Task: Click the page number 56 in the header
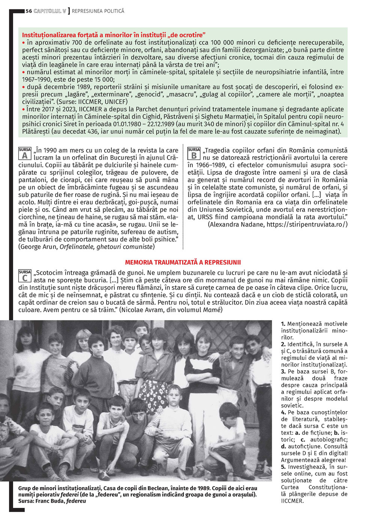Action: coord(29,11)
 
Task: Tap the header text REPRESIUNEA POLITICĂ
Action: coord(98,11)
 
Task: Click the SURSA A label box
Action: coord(25,154)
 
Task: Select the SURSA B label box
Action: coord(194,154)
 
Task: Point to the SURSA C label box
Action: coord(25,276)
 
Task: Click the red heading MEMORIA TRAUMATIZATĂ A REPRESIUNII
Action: coord(183,263)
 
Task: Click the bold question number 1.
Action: coord(283,324)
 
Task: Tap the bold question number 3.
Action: coord(283,371)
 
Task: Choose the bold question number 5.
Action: coord(283,467)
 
